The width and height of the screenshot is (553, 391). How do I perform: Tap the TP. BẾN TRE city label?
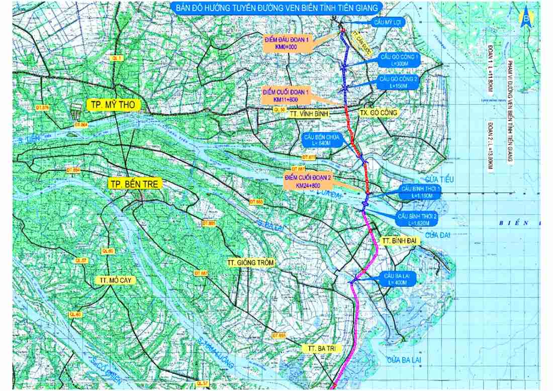point(135,184)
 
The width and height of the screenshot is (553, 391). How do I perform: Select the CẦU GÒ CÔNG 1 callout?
point(400,61)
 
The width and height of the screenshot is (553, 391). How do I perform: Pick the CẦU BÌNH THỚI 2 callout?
point(418,219)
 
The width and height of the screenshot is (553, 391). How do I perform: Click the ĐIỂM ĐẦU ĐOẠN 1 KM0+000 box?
point(287,42)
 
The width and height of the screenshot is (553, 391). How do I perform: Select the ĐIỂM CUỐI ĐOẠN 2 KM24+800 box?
point(302,182)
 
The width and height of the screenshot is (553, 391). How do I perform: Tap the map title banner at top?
point(276,8)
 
